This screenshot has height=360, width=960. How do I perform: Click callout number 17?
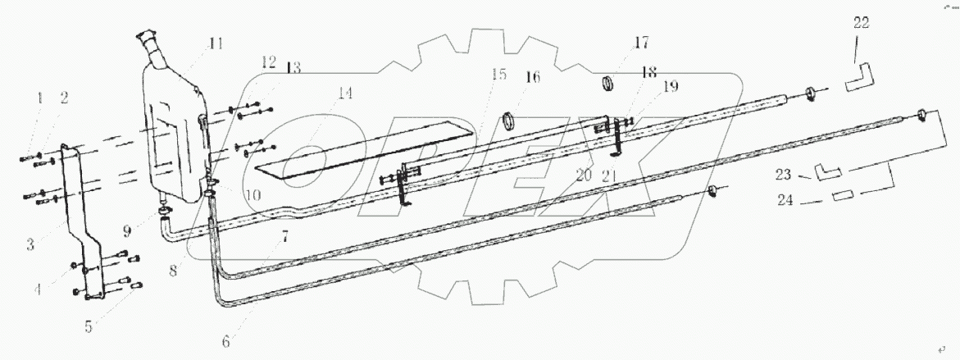pyautogui.click(x=640, y=41)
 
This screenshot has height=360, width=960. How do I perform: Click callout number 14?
pyautogui.click(x=345, y=93)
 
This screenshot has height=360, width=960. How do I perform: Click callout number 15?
pyautogui.click(x=498, y=75)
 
